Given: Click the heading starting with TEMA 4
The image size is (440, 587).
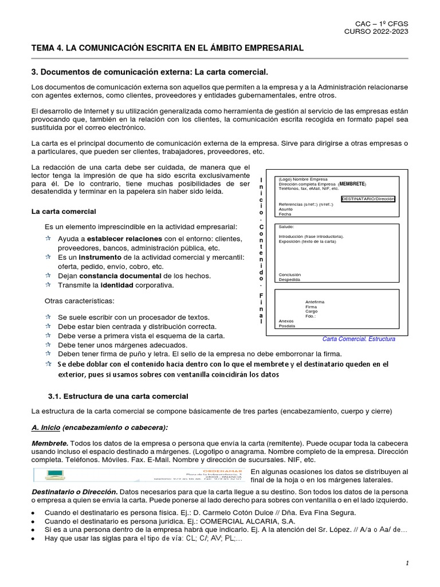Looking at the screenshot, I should coord(167,49).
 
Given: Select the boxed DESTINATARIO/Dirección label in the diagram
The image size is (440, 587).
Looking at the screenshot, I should coord(368,199).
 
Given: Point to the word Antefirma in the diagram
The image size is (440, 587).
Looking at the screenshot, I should coord(315,302).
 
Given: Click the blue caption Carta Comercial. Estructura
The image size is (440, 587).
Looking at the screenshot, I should coord(359,339).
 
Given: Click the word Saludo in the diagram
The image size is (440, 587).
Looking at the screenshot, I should coord(286,227).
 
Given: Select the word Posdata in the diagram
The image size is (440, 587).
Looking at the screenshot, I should coord(286,326).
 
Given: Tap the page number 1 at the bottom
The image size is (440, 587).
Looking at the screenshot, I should coord(407,563).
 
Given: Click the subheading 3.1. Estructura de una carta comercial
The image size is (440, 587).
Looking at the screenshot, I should coord(118,396).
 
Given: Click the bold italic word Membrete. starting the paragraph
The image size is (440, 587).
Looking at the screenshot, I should coord(50,444).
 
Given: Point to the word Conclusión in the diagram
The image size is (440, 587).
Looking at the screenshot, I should coord(289,275).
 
